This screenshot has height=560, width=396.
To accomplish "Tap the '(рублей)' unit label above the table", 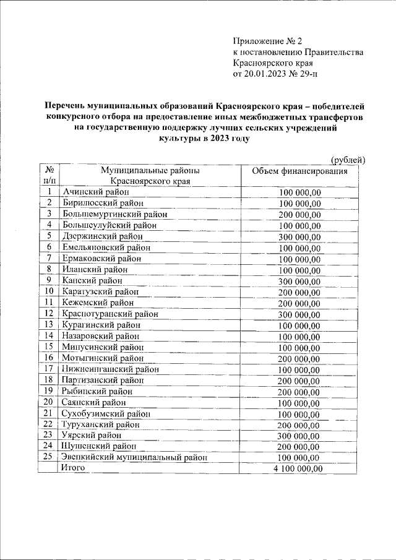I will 348,160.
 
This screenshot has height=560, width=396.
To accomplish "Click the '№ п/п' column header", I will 49,176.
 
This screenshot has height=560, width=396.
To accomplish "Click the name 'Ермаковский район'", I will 101,258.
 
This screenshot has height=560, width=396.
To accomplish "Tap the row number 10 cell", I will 49,291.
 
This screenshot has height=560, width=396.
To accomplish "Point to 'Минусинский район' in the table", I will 102,347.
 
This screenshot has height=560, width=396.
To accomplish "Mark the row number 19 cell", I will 49,391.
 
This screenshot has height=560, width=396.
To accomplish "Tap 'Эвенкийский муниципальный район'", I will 134,458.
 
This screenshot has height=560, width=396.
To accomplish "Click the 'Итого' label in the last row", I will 73,468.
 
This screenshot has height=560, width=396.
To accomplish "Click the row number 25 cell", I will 49,458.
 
